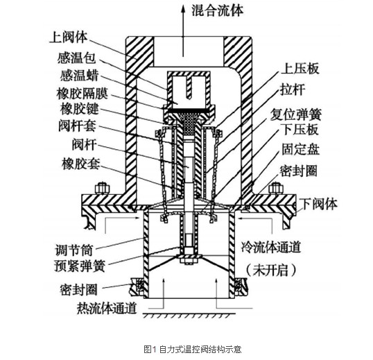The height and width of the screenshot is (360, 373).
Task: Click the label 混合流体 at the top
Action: coord(218,10)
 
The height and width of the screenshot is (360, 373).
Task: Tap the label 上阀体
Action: coord(69,37)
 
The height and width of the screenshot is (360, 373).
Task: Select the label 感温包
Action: coord(76,58)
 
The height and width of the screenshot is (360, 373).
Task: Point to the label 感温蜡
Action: coord(79,76)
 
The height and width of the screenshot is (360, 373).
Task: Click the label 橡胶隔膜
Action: coord(82,94)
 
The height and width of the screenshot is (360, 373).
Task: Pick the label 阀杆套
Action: coord(78,126)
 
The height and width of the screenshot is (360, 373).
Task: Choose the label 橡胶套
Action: coord(81,164)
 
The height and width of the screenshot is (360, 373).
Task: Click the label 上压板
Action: coord(300,69)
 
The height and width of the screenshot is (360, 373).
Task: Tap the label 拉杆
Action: coord(293,89)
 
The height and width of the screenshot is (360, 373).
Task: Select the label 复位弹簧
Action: coord(296,114)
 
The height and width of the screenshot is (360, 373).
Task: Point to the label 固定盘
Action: coord(301,149)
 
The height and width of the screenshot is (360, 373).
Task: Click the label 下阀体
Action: coord(318,204)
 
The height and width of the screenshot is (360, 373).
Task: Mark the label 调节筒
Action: coord(73,250)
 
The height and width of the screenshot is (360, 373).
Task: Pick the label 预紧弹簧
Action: coord(80,266)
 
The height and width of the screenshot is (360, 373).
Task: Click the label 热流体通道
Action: coord(107,308)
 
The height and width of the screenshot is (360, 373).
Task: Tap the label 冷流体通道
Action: coord(271,247)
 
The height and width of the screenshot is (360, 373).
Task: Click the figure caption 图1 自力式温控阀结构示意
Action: coord(193,350)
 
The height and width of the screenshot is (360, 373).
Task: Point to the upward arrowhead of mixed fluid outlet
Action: coord(183,9)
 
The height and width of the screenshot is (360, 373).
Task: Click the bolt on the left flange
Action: coord(103,189)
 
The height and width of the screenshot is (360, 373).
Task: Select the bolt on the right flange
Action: coord(276,189)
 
